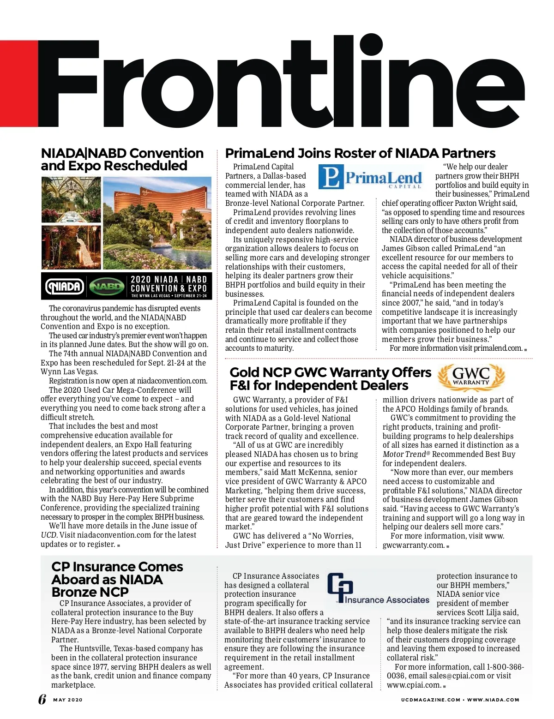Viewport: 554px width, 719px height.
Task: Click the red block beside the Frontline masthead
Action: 18,83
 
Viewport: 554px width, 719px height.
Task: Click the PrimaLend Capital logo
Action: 371,178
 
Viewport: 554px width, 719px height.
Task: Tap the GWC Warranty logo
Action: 471,377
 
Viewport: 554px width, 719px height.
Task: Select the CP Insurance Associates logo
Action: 379,589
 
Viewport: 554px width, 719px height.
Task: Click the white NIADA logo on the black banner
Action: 65,287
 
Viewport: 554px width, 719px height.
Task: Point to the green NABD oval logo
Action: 107,287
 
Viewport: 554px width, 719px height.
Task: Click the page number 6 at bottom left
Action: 42,699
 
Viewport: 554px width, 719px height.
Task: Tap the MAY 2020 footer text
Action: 68,700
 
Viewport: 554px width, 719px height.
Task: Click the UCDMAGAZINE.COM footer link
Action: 430,700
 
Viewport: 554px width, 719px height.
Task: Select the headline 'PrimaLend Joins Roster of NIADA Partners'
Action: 360,153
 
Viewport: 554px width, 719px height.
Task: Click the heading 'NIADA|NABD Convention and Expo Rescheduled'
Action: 122,159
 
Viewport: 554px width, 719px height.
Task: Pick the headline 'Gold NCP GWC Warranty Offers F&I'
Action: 330,378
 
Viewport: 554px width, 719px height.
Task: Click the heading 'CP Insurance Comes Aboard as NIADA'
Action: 117,579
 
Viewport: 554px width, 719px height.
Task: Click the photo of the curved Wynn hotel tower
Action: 157,223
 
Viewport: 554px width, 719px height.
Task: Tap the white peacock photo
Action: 70,247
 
